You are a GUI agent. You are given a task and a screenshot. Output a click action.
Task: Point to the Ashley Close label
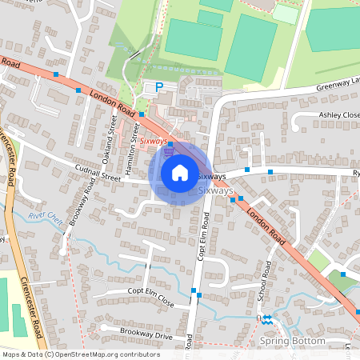(x=339, y=115)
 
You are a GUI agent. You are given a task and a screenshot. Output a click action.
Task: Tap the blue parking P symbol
(x=158, y=86)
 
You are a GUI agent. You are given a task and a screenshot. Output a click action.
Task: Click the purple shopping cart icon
(x=168, y=150)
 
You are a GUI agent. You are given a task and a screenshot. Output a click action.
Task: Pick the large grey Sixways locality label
(x=215, y=191)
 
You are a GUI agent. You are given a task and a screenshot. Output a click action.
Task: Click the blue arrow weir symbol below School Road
(x=266, y=320)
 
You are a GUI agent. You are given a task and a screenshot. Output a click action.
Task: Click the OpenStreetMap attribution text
(x=81, y=354)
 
